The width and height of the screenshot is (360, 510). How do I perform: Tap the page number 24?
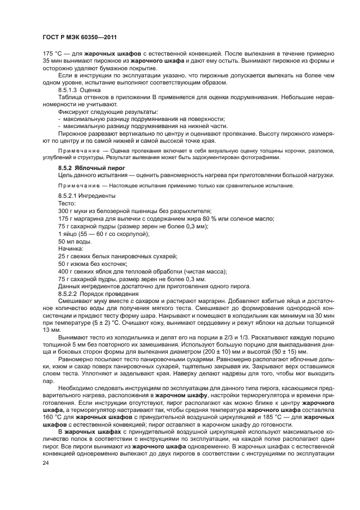click(x=46, y=463)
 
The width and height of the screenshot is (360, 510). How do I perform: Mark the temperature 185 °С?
click(x=271, y=417)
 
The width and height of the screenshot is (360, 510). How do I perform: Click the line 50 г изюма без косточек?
click(x=89, y=264)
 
